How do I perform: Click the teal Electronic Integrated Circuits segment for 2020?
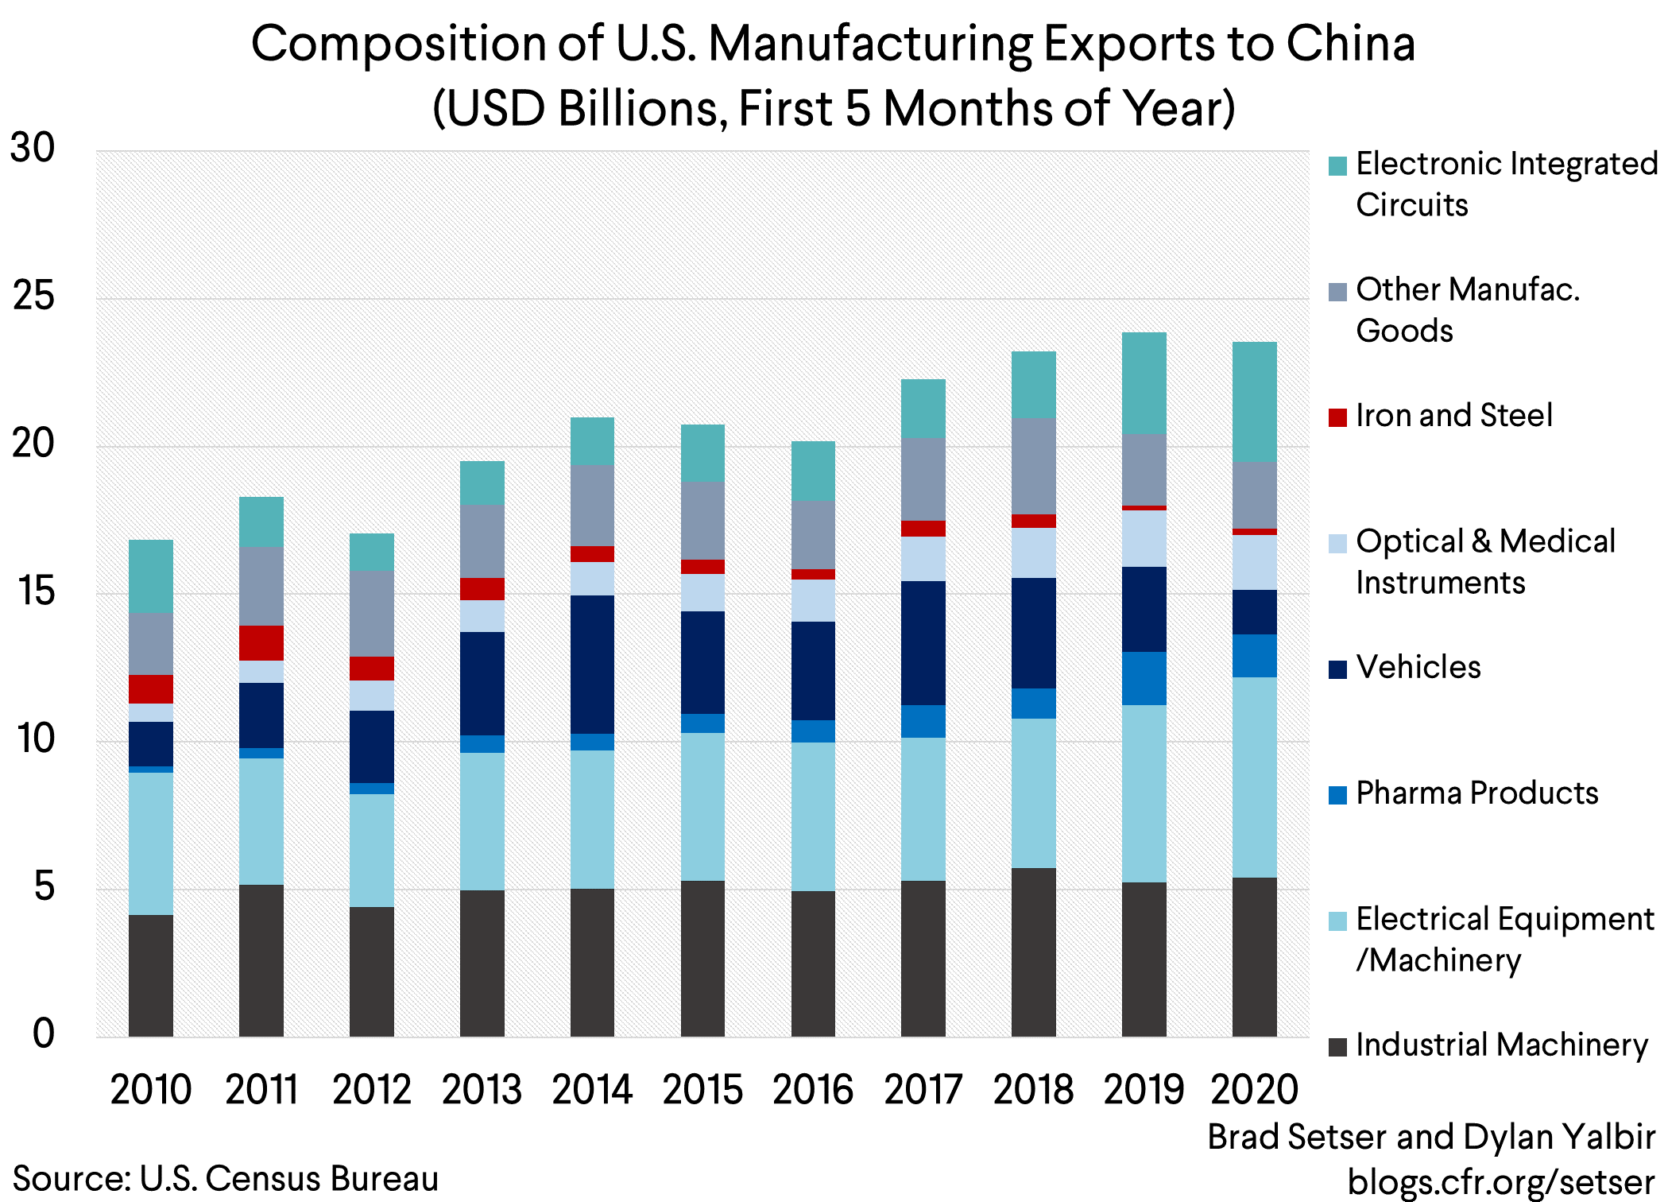click(x=1254, y=401)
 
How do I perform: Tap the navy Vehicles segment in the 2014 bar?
click(x=592, y=664)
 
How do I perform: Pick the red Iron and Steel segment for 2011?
click(x=261, y=642)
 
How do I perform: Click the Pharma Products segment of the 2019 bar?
click(x=1144, y=677)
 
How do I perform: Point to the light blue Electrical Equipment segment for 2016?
click(x=813, y=816)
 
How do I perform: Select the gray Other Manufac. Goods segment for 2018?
click(x=1033, y=465)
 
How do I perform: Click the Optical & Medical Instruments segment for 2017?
click(x=923, y=558)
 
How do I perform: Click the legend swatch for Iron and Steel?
click(x=1337, y=417)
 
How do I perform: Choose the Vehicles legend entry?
click(x=1418, y=667)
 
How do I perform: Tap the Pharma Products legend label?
click(x=1476, y=793)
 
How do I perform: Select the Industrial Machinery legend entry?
click(x=1501, y=1045)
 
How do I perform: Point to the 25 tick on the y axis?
click(x=33, y=297)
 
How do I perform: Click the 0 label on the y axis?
click(x=44, y=1033)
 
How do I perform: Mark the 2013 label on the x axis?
click(x=482, y=1090)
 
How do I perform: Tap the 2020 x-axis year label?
click(x=1254, y=1090)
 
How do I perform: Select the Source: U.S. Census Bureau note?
click(x=226, y=1178)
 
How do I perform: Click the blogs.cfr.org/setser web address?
click(x=1501, y=1182)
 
